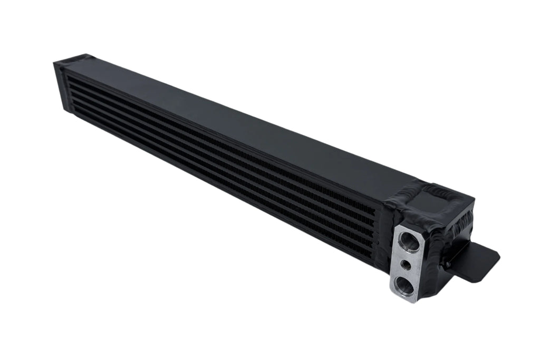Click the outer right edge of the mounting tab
pos(498,257)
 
